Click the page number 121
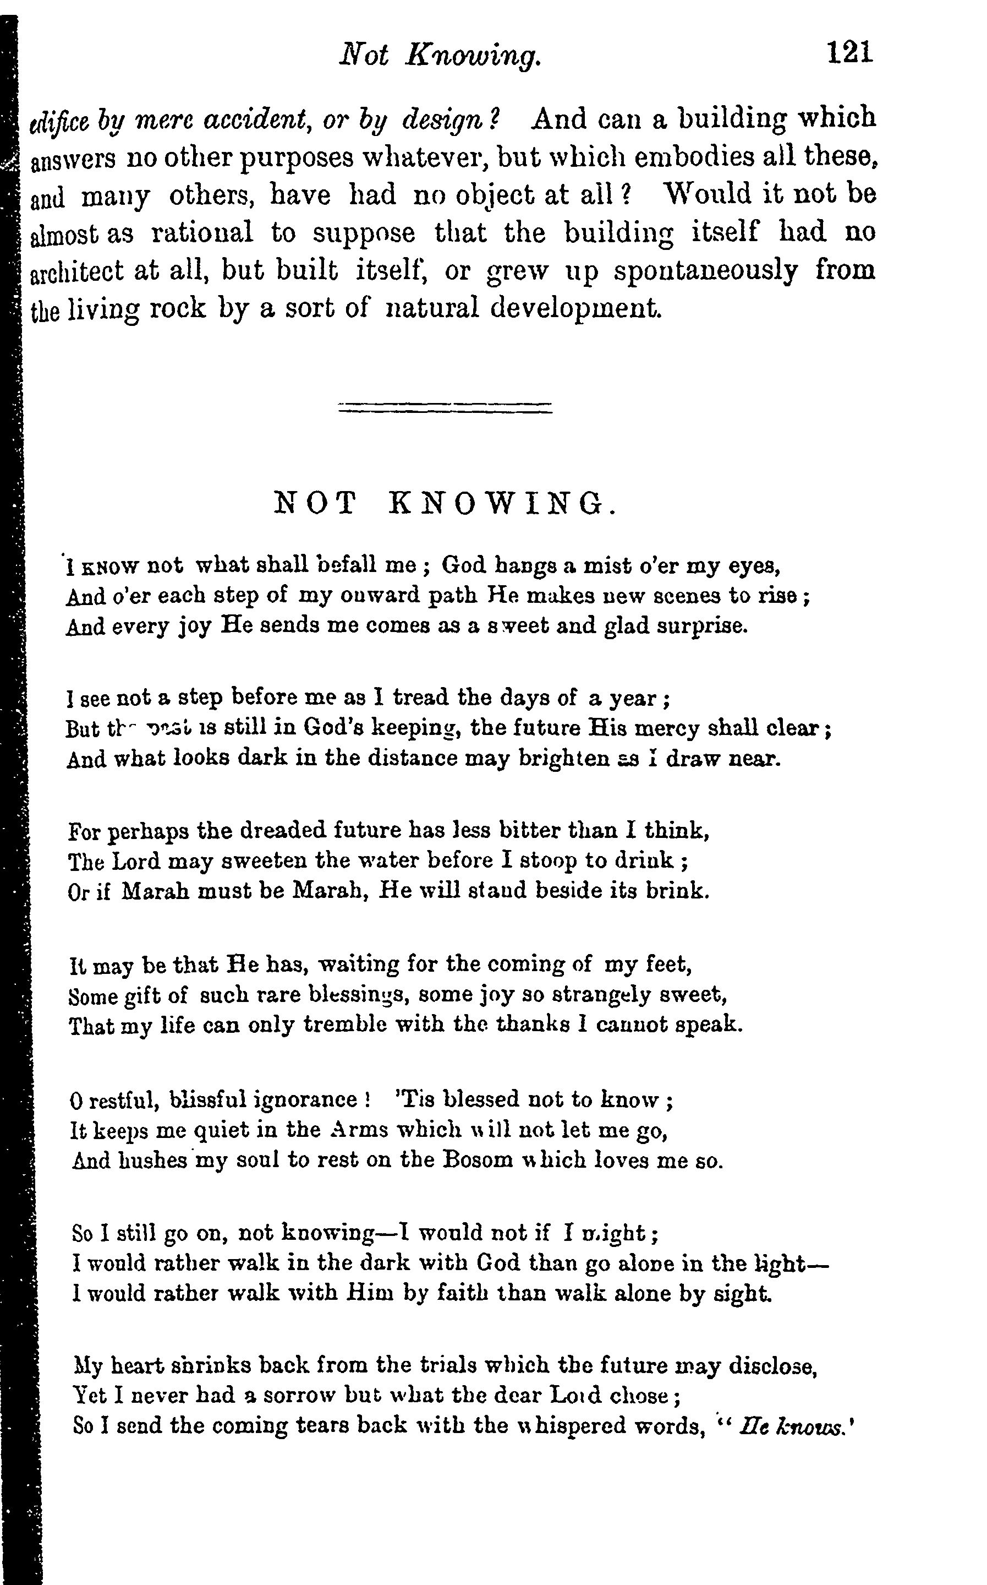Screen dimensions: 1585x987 (x=849, y=52)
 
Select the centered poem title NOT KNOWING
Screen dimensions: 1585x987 (x=445, y=504)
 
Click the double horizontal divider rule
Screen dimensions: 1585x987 (x=445, y=407)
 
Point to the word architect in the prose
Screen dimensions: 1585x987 (x=76, y=271)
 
